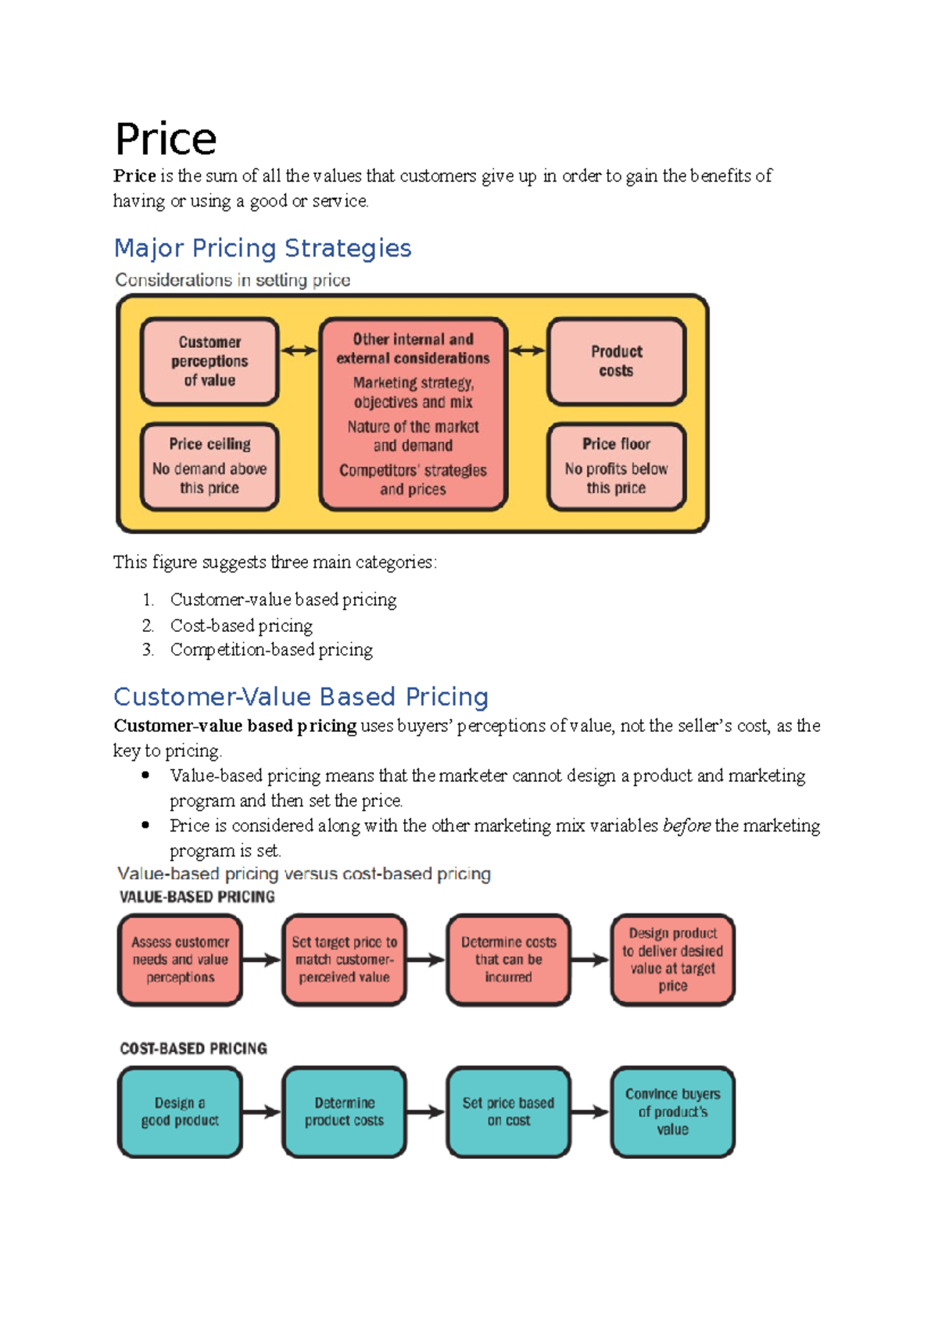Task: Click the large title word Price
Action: (x=166, y=140)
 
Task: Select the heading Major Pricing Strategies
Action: (x=263, y=248)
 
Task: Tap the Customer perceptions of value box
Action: (x=209, y=361)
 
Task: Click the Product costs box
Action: (x=617, y=361)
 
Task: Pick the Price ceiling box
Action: (x=209, y=466)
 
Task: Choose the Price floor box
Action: (x=617, y=466)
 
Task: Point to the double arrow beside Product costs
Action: (x=528, y=351)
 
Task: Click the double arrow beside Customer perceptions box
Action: (x=299, y=351)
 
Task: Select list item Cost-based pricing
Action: (x=242, y=626)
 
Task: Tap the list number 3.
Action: (x=148, y=650)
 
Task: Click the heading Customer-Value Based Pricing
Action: (x=301, y=697)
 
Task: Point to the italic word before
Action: (x=686, y=826)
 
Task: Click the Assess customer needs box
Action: (x=180, y=960)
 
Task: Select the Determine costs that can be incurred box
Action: (x=508, y=960)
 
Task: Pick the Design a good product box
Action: (x=180, y=1111)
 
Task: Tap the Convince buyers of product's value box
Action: (x=673, y=1111)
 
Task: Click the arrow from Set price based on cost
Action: (x=590, y=1111)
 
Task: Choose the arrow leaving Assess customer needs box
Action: (x=261, y=960)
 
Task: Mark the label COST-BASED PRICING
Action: (x=193, y=1049)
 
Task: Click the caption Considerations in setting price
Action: (x=232, y=280)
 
